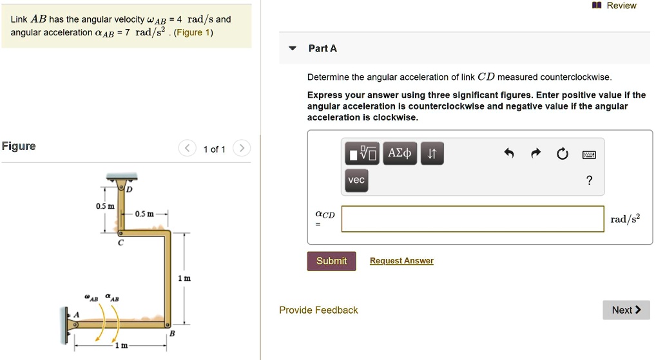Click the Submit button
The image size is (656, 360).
[x=331, y=261]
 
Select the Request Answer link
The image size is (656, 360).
[x=401, y=261]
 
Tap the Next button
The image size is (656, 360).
[x=626, y=310]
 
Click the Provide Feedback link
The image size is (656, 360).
[x=318, y=310]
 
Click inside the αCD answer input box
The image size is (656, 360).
[x=473, y=219]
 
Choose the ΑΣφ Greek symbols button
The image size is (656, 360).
[x=400, y=153]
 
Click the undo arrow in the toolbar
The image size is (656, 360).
[x=508, y=153]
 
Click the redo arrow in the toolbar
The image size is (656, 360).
[x=535, y=153]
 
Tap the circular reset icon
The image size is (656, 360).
[x=563, y=154]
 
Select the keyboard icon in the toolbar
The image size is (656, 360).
[x=589, y=155]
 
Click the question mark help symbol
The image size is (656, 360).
[x=589, y=180]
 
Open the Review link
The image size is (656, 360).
[x=615, y=5]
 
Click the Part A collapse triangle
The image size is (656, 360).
[x=293, y=48]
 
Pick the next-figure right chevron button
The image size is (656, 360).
[x=242, y=148]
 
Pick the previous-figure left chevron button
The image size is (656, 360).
[x=187, y=148]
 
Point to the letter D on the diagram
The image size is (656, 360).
[x=130, y=189]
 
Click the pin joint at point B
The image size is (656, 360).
[x=167, y=325]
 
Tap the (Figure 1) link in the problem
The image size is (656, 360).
[x=193, y=33]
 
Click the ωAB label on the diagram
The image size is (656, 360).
[x=91, y=298]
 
